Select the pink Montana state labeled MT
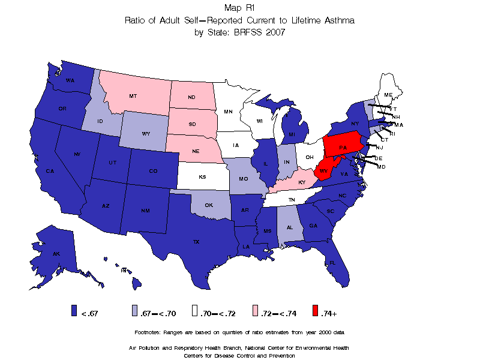click(x=133, y=95)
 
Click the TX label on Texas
click(x=196, y=242)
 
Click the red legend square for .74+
click(x=316, y=310)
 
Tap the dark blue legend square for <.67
click(x=74, y=310)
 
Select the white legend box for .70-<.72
click(x=195, y=310)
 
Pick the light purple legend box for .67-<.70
click(x=135, y=310)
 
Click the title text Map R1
click(x=239, y=8)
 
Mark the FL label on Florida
click(x=332, y=263)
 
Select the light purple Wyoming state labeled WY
click(x=146, y=133)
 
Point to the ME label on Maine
click(x=388, y=95)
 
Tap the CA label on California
click(x=50, y=171)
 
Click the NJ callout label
click(x=379, y=148)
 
